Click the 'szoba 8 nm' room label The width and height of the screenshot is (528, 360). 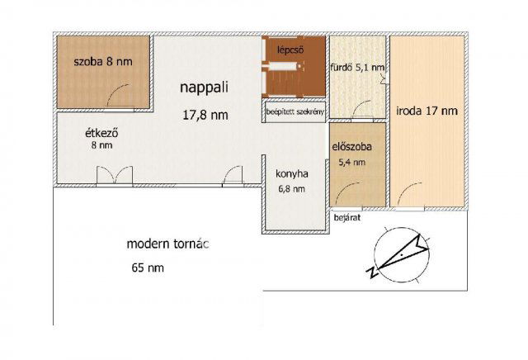pyautogui.click(x=103, y=62)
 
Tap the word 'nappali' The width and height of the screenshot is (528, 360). pyautogui.click(x=204, y=88)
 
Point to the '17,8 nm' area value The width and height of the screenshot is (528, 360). pyautogui.click(x=205, y=115)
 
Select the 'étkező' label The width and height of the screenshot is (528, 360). pyautogui.click(x=101, y=133)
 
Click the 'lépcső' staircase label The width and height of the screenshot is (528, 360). pyautogui.click(x=290, y=50)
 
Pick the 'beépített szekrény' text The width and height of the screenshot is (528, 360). pyautogui.click(x=295, y=111)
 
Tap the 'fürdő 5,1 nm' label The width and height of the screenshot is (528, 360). pyautogui.click(x=357, y=68)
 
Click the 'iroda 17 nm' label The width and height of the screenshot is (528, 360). pyautogui.click(x=427, y=111)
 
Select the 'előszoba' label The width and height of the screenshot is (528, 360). pyautogui.click(x=352, y=147)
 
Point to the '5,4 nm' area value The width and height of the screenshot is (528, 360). pyautogui.click(x=352, y=163)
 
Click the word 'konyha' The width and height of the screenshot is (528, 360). pyautogui.click(x=291, y=174)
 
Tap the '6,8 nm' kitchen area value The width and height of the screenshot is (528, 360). pyautogui.click(x=291, y=189)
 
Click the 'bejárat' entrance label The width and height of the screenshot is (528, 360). pyautogui.click(x=347, y=218)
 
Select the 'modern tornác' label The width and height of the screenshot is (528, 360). pyautogui.click(x=167, y=244)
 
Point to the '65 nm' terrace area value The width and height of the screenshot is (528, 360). pyautogui.click(x=148, y=268)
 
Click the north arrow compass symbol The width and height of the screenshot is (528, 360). pyautogui.click(x=400, y=254)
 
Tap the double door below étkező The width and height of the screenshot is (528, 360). pyautogui.click(x=115, y=176)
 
